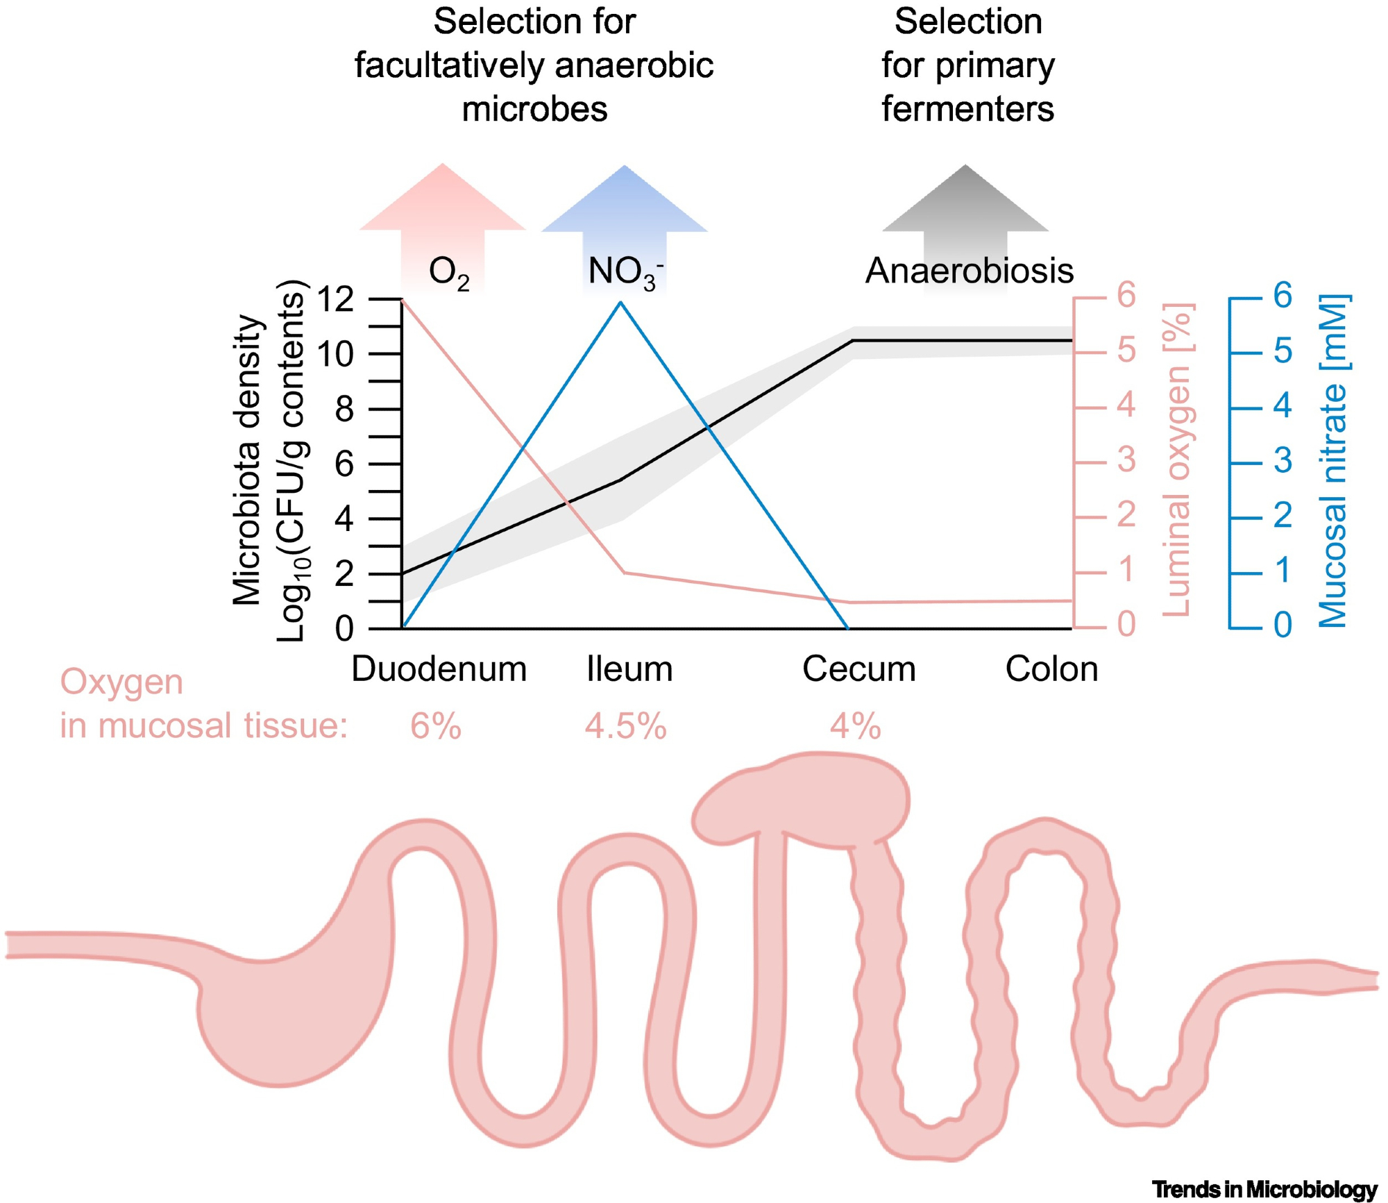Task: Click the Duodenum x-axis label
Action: (439, 669)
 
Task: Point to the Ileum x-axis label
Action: (629, 669)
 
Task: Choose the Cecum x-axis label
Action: (858, 669)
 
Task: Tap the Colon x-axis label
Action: (1051, 669)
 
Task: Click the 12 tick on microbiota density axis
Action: (335, 299)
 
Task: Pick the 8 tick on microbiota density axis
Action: (344, 409)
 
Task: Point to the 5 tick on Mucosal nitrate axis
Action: (1283, 351)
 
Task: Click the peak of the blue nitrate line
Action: (621, 303)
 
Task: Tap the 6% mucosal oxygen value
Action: (436, 727)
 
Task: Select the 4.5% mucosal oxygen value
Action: (625, 727)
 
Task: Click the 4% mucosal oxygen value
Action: (855, 727)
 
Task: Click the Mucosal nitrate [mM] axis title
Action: (1332, 461)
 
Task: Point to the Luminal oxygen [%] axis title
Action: (1176, 460)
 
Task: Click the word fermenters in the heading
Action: (967, 109)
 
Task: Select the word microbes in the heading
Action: (534, 109)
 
